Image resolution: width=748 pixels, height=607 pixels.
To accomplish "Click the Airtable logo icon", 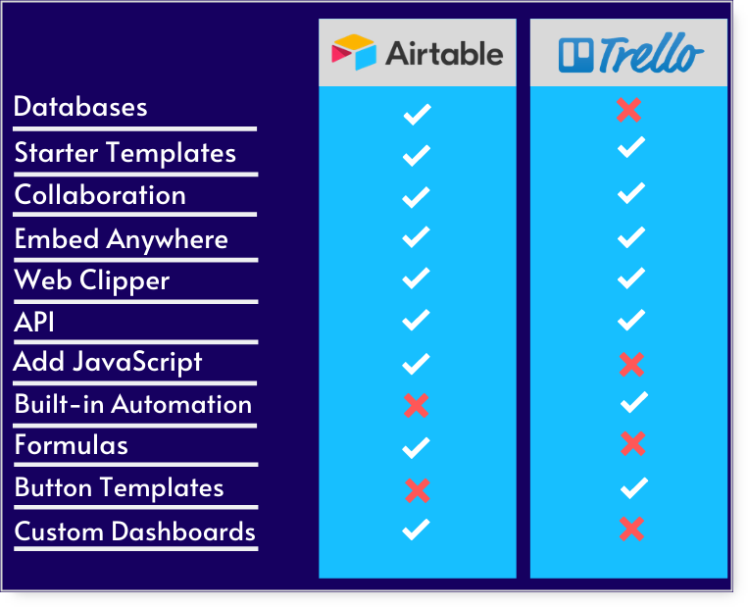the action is coord(354,52).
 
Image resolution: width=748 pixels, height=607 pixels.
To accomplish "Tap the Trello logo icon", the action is coord(575,55).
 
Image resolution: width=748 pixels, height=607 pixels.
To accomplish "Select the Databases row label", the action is coord(80,107).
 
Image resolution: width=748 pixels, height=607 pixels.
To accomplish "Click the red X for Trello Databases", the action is coord(628,110).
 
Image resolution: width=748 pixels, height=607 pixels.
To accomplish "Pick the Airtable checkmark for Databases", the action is coord(417,114).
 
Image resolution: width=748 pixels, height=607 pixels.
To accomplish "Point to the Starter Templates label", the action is coord(125,153).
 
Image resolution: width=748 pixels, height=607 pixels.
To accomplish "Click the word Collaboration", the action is coord(100,195).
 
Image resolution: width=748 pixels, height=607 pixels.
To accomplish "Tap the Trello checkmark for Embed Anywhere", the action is coord(631,237).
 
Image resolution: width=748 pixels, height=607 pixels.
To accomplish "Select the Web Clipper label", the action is coord(91,280).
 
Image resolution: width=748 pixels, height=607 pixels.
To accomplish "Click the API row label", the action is coord(34,322).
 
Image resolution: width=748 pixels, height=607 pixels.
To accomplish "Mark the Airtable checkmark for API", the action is coord(416,320).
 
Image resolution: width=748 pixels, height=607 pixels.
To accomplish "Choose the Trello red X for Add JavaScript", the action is coord(631,365).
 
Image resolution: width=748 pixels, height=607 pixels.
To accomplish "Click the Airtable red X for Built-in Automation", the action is coord(416,406).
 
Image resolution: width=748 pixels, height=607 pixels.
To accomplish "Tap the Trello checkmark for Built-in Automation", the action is coord(634,402).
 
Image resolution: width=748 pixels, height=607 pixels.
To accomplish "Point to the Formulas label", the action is coord(72,445).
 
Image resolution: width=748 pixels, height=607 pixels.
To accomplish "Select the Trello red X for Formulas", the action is coord(633,443).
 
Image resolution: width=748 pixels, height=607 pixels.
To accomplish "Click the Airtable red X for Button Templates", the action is coord(418,490).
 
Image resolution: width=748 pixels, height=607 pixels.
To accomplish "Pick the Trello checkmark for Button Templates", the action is coord(634,487).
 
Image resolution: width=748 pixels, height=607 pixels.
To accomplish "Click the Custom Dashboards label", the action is coord(135,531).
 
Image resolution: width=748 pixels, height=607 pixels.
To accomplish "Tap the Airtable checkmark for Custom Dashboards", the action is coord(416,530).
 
